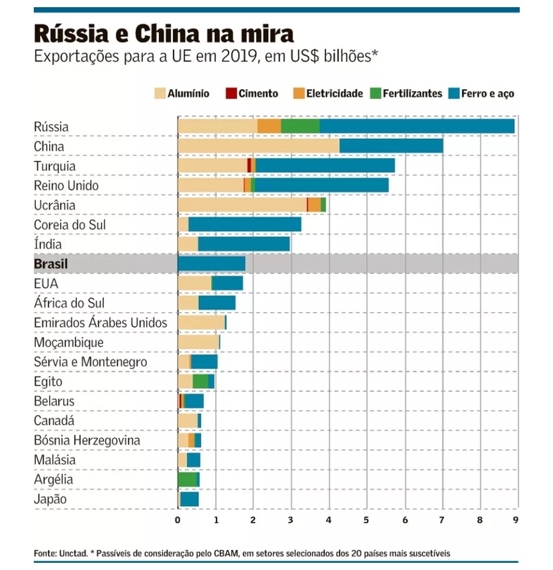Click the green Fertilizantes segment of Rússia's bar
coord(300,126)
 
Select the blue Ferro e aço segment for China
coord(391,146)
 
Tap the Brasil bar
coord(211,264)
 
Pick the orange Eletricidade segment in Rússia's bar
coord(269,126)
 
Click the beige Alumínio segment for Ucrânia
coord(242,205)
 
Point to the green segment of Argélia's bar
coord(187,479)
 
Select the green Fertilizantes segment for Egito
coord(200,382)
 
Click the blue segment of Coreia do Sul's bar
coord(244,224)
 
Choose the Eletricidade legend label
coord(334,93)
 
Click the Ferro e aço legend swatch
coord(453,93)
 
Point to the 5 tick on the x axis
coord(367,520)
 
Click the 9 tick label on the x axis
coord(515,520)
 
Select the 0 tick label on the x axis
coord(178,520)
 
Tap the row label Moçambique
coord(69,343)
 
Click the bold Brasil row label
coord(51,264)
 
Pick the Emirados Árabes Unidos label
coord(100,323)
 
